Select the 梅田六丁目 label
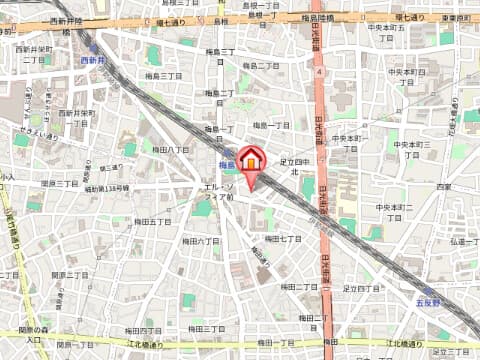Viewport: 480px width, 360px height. (204, 241)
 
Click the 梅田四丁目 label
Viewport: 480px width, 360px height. (143, 329)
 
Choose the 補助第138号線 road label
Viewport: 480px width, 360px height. (106, 188)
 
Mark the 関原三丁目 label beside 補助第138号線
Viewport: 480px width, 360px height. (60, 184)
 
